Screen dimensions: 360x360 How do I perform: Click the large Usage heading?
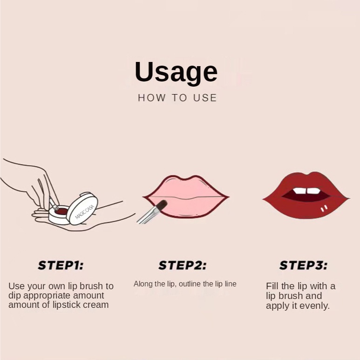click(x=176, y=72)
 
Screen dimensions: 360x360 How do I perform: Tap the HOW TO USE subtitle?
click(x=177, y=98)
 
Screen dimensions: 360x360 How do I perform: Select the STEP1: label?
click(x=61, y=265)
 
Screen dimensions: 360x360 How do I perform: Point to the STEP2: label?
click(x=183, y=265)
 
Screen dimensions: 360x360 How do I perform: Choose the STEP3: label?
click(x=304, y=265)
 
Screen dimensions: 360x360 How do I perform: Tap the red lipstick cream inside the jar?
click(x=61, y=211)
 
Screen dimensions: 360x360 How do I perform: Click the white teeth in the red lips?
click(x=307, y=191)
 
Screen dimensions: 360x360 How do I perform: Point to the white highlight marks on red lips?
click(x=324, y=208)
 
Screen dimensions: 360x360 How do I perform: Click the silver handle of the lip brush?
click(x=147, y=215)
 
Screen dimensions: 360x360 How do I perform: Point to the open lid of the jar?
click(x=83, y=209)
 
